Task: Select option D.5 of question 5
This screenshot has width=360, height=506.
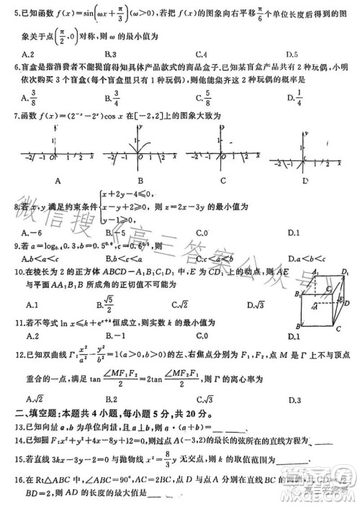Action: [x=292, y=54]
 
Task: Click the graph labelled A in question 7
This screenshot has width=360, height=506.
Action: [x=55, y=156]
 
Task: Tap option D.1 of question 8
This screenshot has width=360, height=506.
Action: [x=292, y=232]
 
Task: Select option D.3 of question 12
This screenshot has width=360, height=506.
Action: [x=293, y=399]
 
